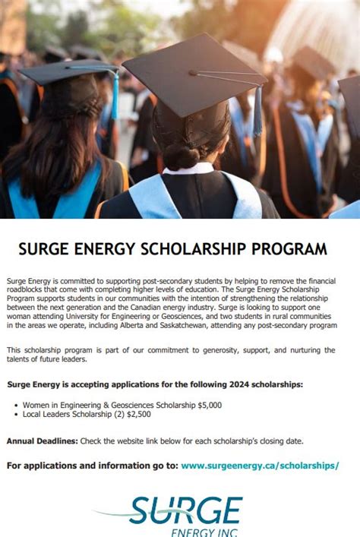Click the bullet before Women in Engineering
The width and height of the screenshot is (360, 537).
[x=16, y=406]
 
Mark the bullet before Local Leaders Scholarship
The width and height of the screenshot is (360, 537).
[x=16, y=415]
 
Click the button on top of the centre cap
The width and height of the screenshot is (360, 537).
[x=194, y=74]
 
